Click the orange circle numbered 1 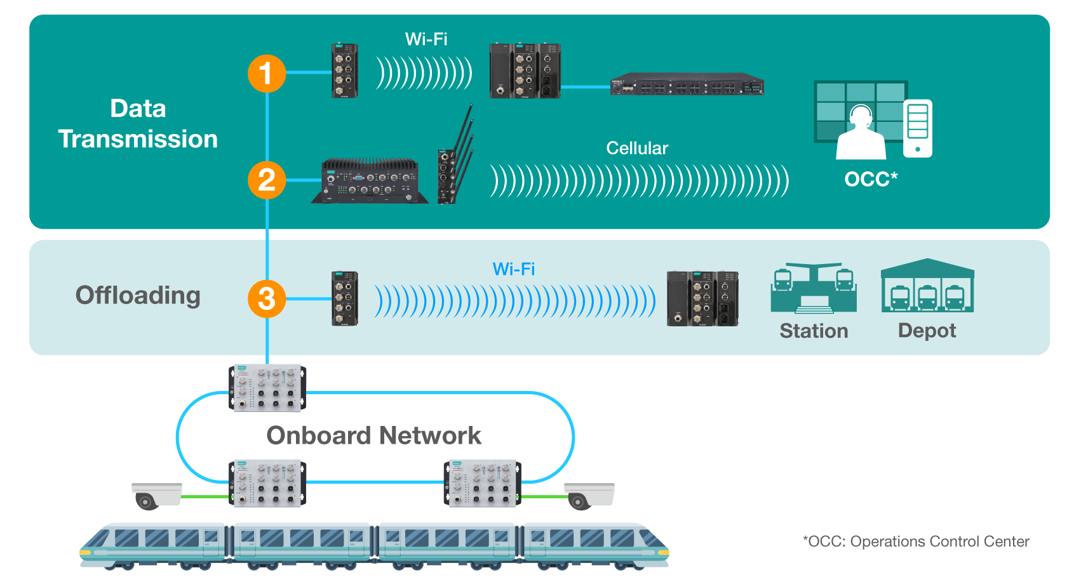pyautogui.click(x=267, y=74)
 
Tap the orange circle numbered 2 pyautogui.click(x=267, y=180)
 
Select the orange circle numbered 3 pyautogui.click(x=267, y=299)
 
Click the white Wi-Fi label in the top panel pyautogui.click(x=426, y=39)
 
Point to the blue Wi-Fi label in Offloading pyautogui.click(x=514, y=269)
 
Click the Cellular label pyautogui.click(x=637, y=149)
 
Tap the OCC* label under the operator pyautogui.click(x=871, y=179)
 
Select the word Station pyautogui.click(x=814, y=331)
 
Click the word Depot pyautogui.click(x=927, y=331)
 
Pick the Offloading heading pyautogui.click(x=138, y=295)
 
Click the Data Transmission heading pyautogui.click(x=138, y=124)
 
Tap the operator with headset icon pyautogui.click(x=861, y=133)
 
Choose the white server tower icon pyautogui.click(x=918, y=128)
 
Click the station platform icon pyautogui.click(x=814, y=288)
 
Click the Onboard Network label pyautogui.click(x=373, y=435)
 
